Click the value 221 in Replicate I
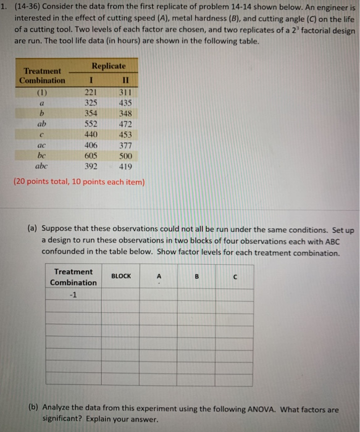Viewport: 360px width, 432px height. (x=91, y=92)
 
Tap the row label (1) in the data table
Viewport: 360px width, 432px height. (x=42, y=92)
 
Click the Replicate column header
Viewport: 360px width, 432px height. (x=109, y=65)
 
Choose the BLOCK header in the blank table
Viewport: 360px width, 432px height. (x=121, y=276)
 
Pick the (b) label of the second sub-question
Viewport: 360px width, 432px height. (x=34, y=409)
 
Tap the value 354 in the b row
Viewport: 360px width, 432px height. (x=91, y=114)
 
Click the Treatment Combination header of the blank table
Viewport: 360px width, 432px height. (x=73, y=276)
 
